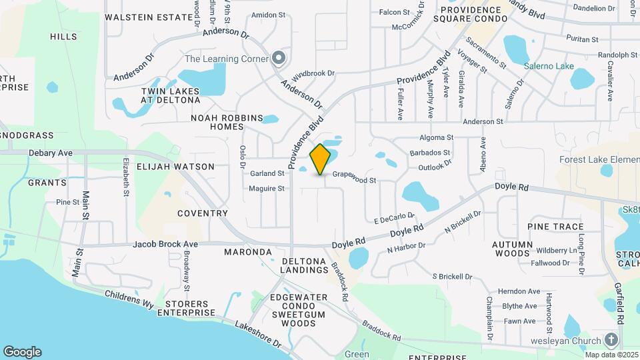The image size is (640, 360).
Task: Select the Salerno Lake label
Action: click(x=549, y=66)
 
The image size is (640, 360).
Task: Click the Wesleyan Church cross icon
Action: click(x=611, y=339)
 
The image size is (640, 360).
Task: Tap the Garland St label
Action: click(x=267, y=173)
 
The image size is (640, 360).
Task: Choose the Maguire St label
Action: click(x=267, y=189)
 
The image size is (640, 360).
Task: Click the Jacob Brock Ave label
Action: click(x=161, y=244)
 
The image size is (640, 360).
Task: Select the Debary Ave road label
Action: click(x=51, y=153)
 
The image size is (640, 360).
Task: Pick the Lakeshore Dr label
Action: click(x=258, y=335)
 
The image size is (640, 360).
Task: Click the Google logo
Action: click(x=22, y=352)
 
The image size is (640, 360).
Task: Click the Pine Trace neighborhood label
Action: click(x=555, y=227)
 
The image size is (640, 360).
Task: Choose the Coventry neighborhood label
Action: click(x=203, y=213)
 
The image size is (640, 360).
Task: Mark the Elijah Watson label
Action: click(x=176, y=167)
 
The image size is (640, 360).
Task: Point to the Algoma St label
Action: click(x=436, y=137)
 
